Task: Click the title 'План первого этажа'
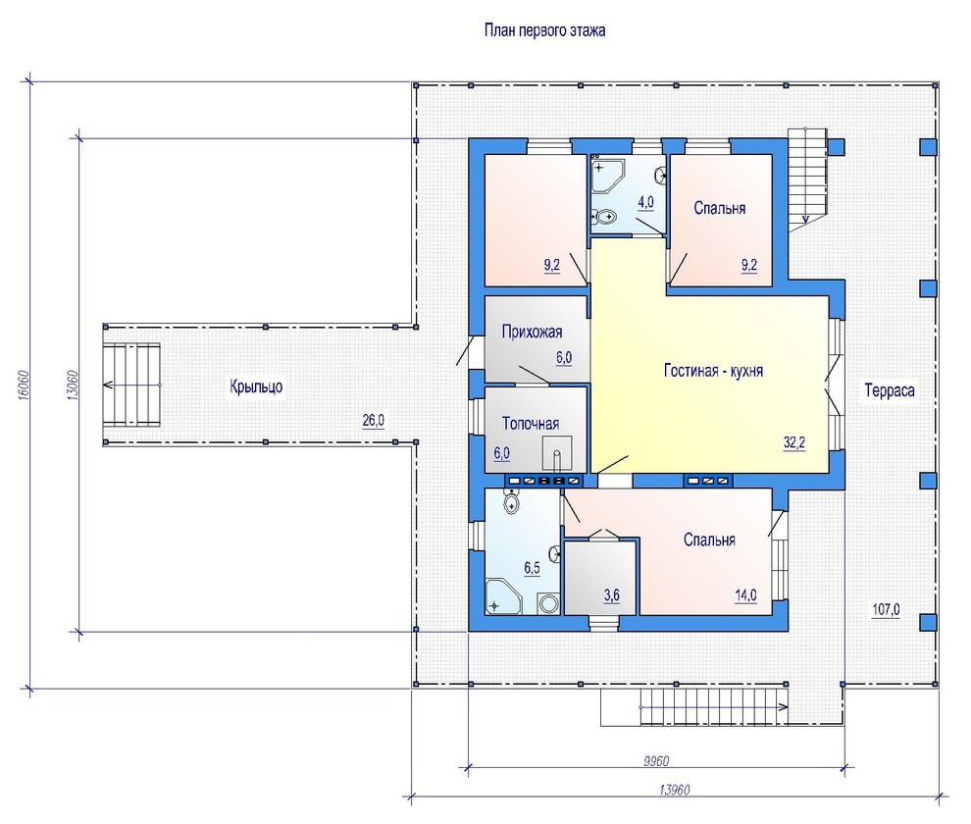(x=544, y=30)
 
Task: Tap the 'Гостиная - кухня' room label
(x=713, y=371)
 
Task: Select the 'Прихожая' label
(x=532, y=333)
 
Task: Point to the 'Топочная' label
(x=530, y=424)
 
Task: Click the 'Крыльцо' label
(x=256, y=386)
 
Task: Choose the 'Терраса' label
(x=890, y=391)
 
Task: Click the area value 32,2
(x=794, y=443)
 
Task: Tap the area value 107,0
(x=887, y=609)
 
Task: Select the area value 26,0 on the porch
(x=374, y=421)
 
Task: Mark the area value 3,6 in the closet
(x=612, y=595)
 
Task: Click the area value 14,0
(x=745, y=595)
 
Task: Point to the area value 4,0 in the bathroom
(x=646, y=202)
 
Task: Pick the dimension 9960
(x=656, y=761)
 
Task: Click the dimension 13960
(x=675, y=790)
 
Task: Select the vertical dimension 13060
(x=72, y=385)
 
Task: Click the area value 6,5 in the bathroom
(x=532, y=568)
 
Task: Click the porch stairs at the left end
(x=131, y=385)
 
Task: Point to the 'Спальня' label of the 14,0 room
(x=710, y=540)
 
